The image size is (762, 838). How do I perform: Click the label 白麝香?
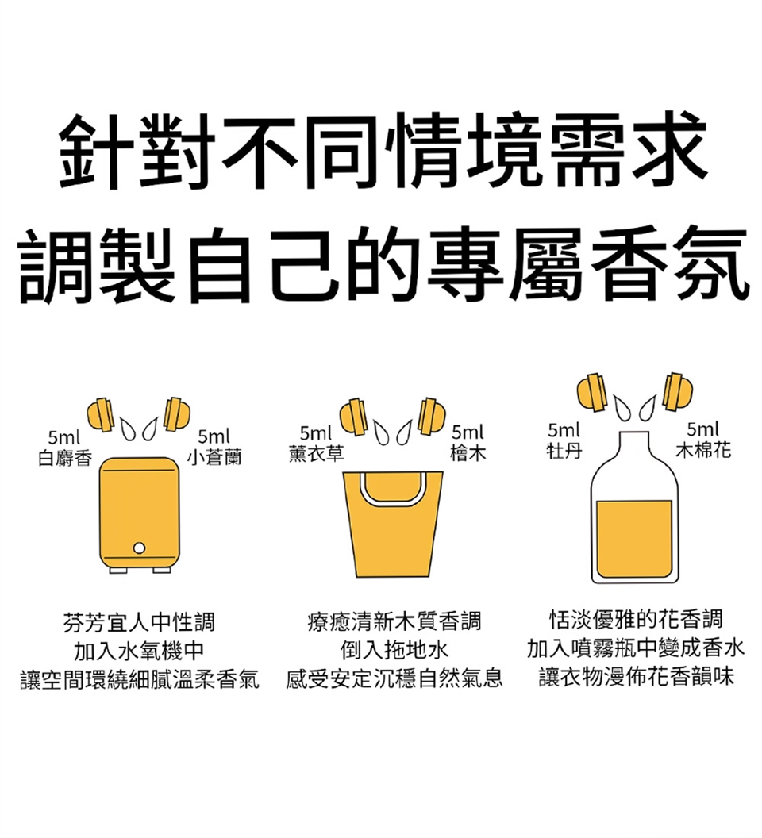pyautogui.click(x=65, y=458)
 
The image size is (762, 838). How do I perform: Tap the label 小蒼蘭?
pyautogui.click(x=214, y=457)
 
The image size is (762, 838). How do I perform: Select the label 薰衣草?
pyautogui.click(x=316, y=453)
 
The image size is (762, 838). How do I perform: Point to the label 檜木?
pyautogui.click(x=468, y=453)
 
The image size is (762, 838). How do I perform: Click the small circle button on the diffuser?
pyautogui.click(x=139, y=548)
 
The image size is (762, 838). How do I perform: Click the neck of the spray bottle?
pyautogui.click(x=634, y=446)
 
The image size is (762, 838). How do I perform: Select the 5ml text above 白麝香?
pyautogui.click(x=63, y=438)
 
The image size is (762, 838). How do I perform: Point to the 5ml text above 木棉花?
pyautogui.click(x=703, y=429)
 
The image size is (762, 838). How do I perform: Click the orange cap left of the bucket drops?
pyautogui.click(x=353, y=416)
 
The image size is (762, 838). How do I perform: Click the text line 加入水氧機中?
pyautogui.click(x=139, y=651)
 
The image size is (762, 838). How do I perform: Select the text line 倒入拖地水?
pyautogui.click(x=394, y=650)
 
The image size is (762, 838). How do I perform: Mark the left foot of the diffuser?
pyautogui.click(x=118, y=571)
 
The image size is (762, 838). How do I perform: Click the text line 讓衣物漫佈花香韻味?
pyautogui.click(x=637, y=677)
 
